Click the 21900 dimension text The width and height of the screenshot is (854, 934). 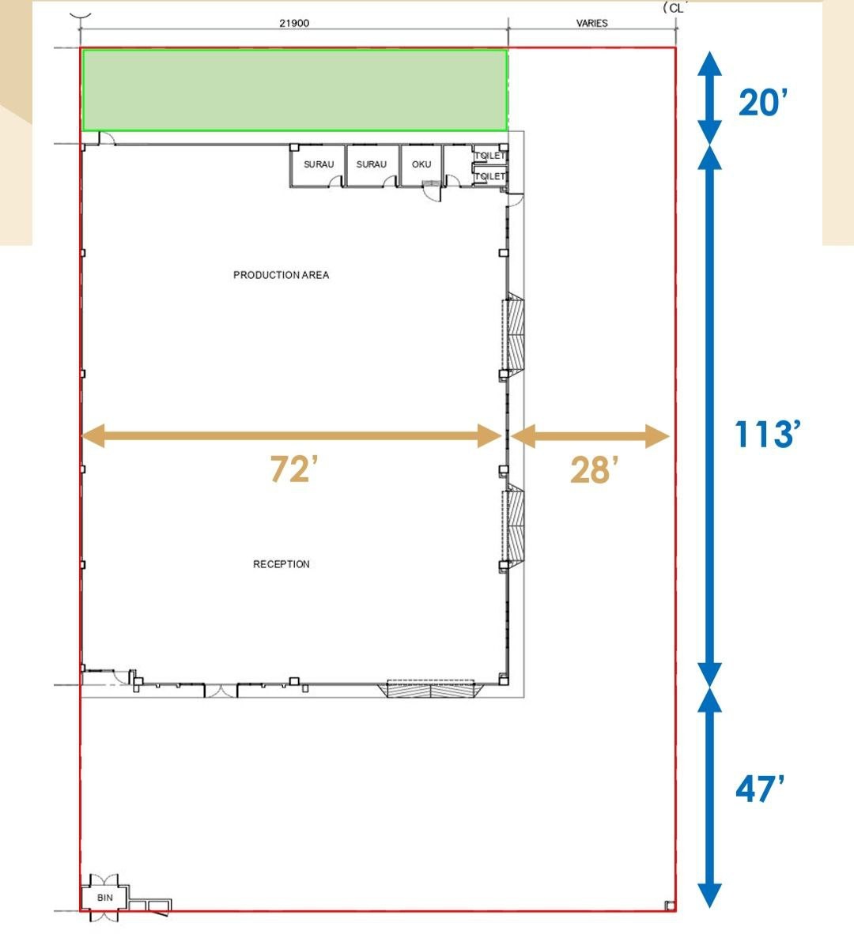pos(294,23)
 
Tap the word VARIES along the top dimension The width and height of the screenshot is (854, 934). pos(591,23)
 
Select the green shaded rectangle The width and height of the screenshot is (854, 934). pos(295,90)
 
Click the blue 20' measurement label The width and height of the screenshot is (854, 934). pos(763,103)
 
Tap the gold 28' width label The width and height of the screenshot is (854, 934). pos(593,470)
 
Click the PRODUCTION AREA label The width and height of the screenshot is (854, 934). pos(282,275)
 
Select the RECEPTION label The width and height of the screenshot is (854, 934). pos(282,564)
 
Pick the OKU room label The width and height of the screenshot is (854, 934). pos(421,164)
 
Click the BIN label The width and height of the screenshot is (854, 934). pos(105,898)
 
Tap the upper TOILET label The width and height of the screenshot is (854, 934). pos(490,156)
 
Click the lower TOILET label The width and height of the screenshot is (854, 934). pos(490,176)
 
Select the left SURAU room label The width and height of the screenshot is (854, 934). pos(319,164)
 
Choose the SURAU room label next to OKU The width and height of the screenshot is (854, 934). pos(372,164)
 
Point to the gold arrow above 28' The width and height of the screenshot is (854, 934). pos(590,436)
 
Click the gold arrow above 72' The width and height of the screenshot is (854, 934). pos(292,436)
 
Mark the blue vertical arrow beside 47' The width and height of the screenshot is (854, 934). pos(710,797)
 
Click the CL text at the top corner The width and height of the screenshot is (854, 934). pos(675,8)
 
